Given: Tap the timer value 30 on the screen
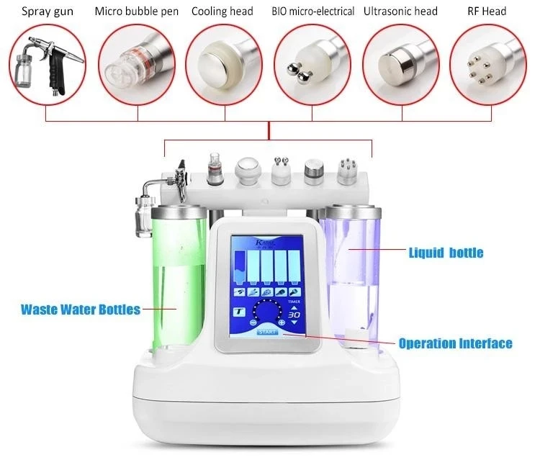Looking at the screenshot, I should point(294,315).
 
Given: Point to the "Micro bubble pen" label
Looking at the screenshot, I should point(137,12).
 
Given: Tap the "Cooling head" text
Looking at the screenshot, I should point(222,12).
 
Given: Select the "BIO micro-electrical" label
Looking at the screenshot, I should point(312,12).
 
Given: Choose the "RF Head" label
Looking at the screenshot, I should point(487,12).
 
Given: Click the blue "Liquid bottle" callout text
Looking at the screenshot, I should point(446,253).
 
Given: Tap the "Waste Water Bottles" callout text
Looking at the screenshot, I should point(81,310).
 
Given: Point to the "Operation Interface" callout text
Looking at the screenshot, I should point(455,343).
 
